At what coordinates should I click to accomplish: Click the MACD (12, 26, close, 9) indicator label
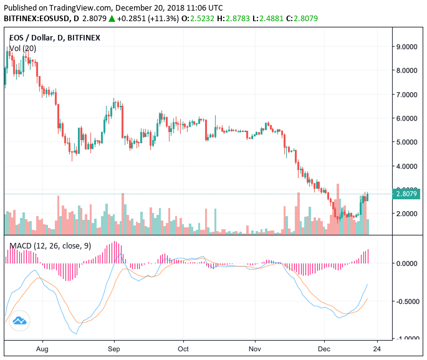(50, 246)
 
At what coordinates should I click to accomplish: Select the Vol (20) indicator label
(23, 48)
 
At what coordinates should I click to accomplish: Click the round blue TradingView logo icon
(20, 320)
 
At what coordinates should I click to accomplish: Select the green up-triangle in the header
(112, 19)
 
